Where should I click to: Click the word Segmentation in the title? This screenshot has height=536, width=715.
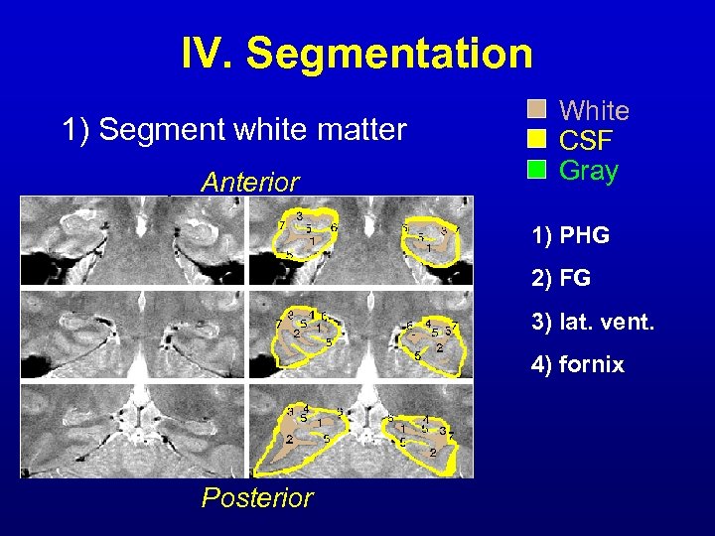[389, 53]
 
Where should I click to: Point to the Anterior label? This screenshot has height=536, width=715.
[249, 183]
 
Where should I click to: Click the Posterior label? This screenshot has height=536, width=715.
[257, 497]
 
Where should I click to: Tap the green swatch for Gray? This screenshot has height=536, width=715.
[536, 170]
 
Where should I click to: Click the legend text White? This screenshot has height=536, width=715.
[595, 110]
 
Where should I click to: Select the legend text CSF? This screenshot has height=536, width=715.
[587, 140]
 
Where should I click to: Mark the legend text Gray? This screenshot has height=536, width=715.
[589, 170]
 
